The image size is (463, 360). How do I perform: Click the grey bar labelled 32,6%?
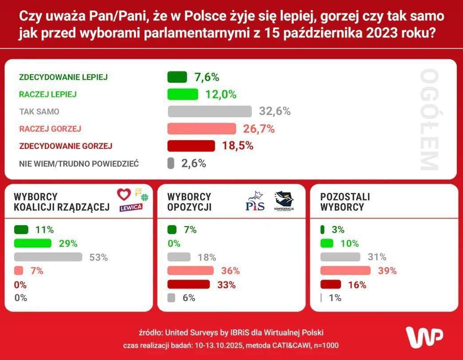(x=209, y=111)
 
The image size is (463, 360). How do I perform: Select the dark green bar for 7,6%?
(x=177, y=77)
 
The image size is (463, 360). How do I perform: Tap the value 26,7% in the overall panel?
(x=259, y=129)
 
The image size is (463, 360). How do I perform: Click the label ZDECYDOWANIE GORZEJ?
(x=66, y=146)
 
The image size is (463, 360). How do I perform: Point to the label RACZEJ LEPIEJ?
(x=48, y=94)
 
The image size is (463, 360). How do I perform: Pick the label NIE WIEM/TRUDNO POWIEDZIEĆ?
(x=79, y=164)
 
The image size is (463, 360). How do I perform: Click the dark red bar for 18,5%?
(x=191, y=146)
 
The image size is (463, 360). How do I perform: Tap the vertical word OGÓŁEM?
(x=429, y=120)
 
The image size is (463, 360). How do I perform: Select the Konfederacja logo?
(x=284, y=201)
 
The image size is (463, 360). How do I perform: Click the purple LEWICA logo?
(x=131, y=207)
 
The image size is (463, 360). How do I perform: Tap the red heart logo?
(x=124, y=194)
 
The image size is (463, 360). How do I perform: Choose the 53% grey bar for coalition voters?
(x=48, y=257)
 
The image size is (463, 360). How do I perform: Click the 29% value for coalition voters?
(x=68, y=243)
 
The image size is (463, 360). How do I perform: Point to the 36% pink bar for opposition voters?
(x=190, y=271)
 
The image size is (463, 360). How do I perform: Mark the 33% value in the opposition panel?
(x=227, y=285)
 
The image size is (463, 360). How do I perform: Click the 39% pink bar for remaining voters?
(x=345, y=270)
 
